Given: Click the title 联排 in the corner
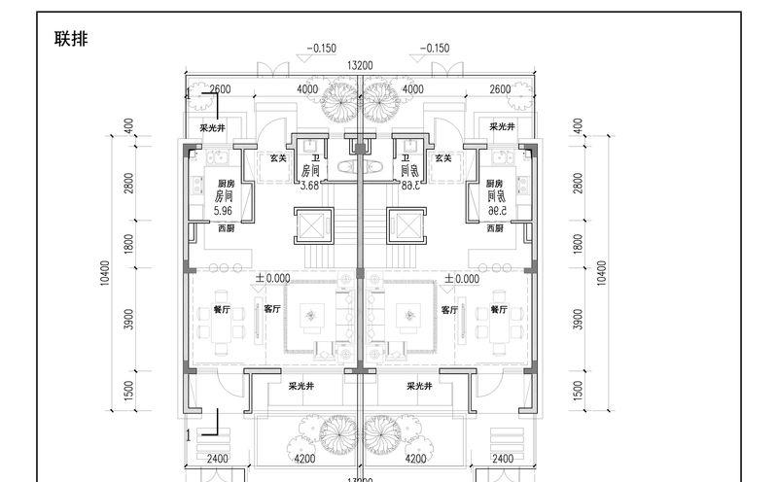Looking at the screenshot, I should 73,39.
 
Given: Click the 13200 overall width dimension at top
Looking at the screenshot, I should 360,65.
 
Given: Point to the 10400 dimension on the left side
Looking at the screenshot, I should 104,276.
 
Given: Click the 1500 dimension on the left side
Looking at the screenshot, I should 129,389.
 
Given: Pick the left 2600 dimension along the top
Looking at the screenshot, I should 220,89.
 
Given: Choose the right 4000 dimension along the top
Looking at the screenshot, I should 412,89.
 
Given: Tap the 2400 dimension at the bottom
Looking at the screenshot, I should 218,459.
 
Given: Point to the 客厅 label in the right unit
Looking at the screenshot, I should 449,310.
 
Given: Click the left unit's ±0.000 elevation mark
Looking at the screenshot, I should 272,278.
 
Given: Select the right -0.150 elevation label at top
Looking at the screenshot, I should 435,48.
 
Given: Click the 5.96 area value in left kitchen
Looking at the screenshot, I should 224,208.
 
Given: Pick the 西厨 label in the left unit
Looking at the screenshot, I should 226,228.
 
